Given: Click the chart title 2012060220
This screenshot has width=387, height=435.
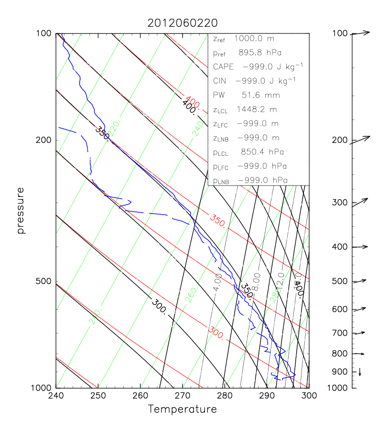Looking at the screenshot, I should point(182,23).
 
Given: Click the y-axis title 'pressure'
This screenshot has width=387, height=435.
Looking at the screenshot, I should point(21,210).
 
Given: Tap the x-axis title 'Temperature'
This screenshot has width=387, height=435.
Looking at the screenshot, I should point(182,409).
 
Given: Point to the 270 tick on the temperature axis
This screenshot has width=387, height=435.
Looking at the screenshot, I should point(183,396).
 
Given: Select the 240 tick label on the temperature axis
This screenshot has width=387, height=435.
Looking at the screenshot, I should point(56,396).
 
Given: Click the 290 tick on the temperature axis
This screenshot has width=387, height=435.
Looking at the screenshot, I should point(267,396).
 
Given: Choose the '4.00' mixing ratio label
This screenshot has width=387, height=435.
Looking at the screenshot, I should point(218,282).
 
